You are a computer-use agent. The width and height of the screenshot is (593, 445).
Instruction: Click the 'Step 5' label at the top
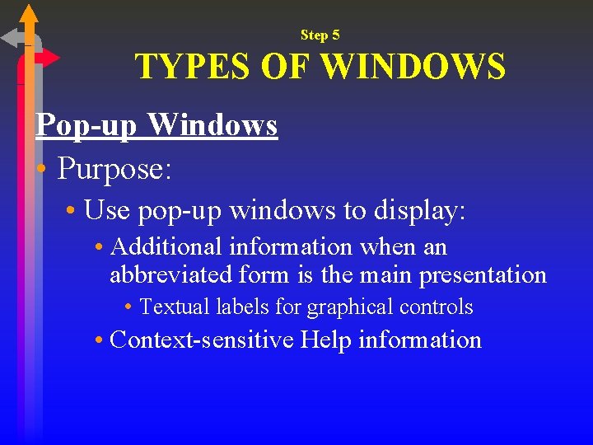tap(320, 35)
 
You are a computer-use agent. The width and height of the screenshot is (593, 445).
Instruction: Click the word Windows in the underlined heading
tap(212, 125)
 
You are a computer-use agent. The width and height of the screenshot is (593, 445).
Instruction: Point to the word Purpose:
tap(114, 169)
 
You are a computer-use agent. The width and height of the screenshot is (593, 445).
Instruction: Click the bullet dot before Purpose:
tap(41, 171)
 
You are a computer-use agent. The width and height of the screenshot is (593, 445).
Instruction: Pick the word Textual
tap(175, 307)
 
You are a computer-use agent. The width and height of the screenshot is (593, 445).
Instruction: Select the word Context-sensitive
tap(201, 340)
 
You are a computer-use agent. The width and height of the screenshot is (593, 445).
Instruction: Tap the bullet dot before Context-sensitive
tap(98, 340)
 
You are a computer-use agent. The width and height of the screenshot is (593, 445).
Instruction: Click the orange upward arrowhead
tap(29, 14)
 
